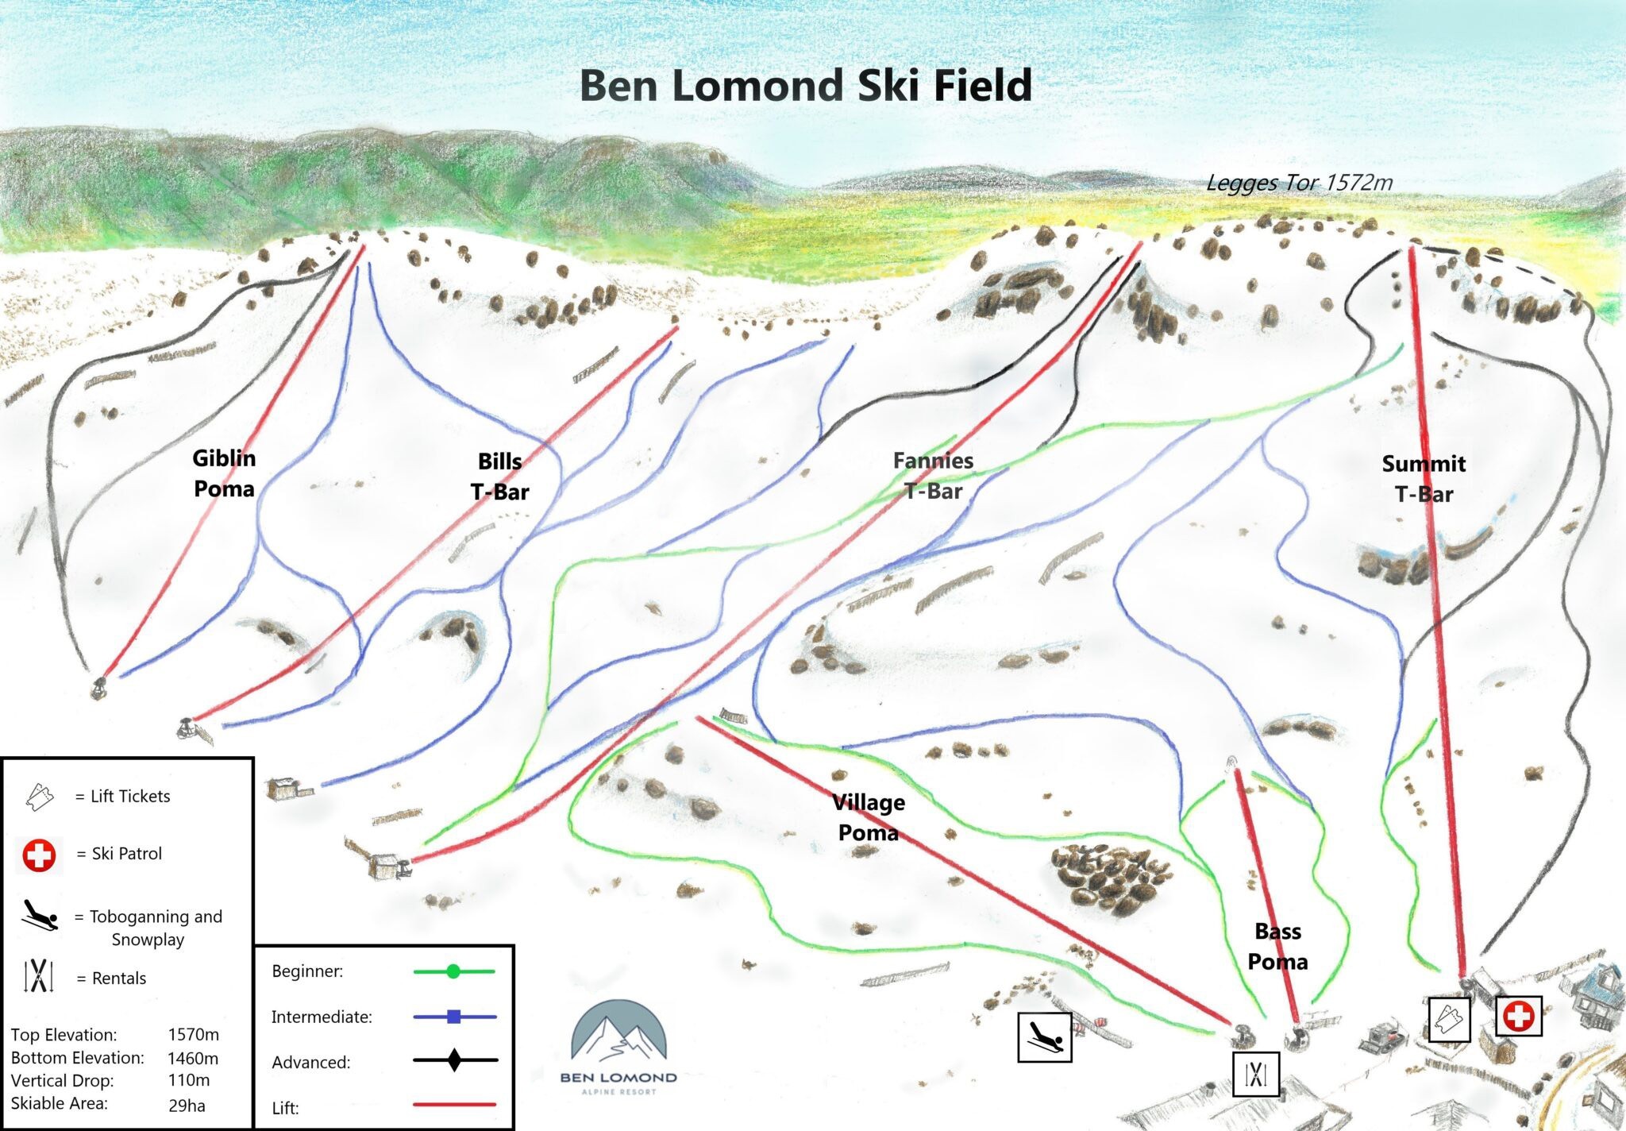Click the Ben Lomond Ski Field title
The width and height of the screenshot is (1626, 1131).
805,86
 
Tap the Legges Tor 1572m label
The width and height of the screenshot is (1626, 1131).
1299,183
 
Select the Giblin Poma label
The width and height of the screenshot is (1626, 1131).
224,473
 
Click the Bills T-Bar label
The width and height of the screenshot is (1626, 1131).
499,477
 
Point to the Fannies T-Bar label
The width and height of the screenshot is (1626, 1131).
933,475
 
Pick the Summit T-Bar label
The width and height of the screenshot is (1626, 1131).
1424,478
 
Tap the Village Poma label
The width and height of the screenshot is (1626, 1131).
868,817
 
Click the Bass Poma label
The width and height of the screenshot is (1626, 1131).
1277,946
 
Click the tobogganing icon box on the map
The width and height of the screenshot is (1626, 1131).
1045,1036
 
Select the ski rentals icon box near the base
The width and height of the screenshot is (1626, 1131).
1256,1074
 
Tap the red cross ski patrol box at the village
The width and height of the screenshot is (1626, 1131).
1519,1016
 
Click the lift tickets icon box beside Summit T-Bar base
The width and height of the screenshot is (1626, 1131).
1449,1019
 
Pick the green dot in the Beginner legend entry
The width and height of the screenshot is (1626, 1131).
453,971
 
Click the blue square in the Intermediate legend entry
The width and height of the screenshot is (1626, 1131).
454,1017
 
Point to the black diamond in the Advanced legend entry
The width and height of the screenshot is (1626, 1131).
454,1060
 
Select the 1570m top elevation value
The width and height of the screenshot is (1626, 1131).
193,1034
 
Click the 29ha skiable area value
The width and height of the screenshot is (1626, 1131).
187,1105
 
